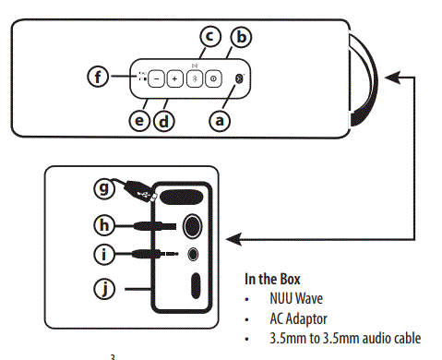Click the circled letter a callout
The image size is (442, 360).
tap(219, 119)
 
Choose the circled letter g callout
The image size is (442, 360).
tap(105, 190)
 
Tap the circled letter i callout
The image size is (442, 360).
tap(105, 253)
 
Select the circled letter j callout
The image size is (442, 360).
tap(105, 289)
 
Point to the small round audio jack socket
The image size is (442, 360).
tap(194, 253)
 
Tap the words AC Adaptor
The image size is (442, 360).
tap(298, 318)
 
